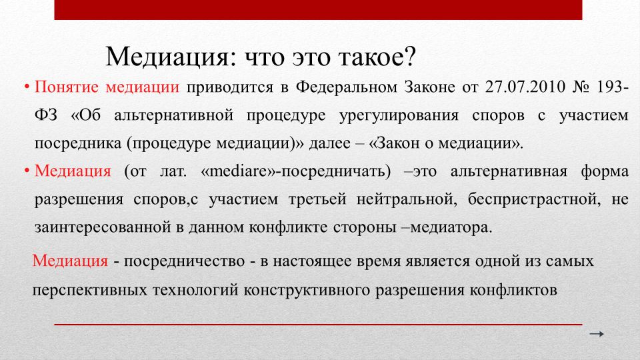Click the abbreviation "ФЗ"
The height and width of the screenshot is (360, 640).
click(x=46, y=115)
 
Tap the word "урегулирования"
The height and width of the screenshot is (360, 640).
click(x=399, y=115)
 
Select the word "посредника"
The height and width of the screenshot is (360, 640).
click(x=77, y=143)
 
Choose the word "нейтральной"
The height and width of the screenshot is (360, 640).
click(x=407, y=199)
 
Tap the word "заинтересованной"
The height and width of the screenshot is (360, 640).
click(x=103, y=227)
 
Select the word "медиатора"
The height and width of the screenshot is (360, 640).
click(x=451, y=227)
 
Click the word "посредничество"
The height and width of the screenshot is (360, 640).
click(x=184, y=261)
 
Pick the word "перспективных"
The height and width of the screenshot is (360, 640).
click(x=89, y=290)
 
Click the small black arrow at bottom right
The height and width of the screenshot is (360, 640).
click(x=596, y=334)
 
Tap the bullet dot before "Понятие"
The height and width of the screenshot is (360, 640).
click(x=27, y=87)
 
